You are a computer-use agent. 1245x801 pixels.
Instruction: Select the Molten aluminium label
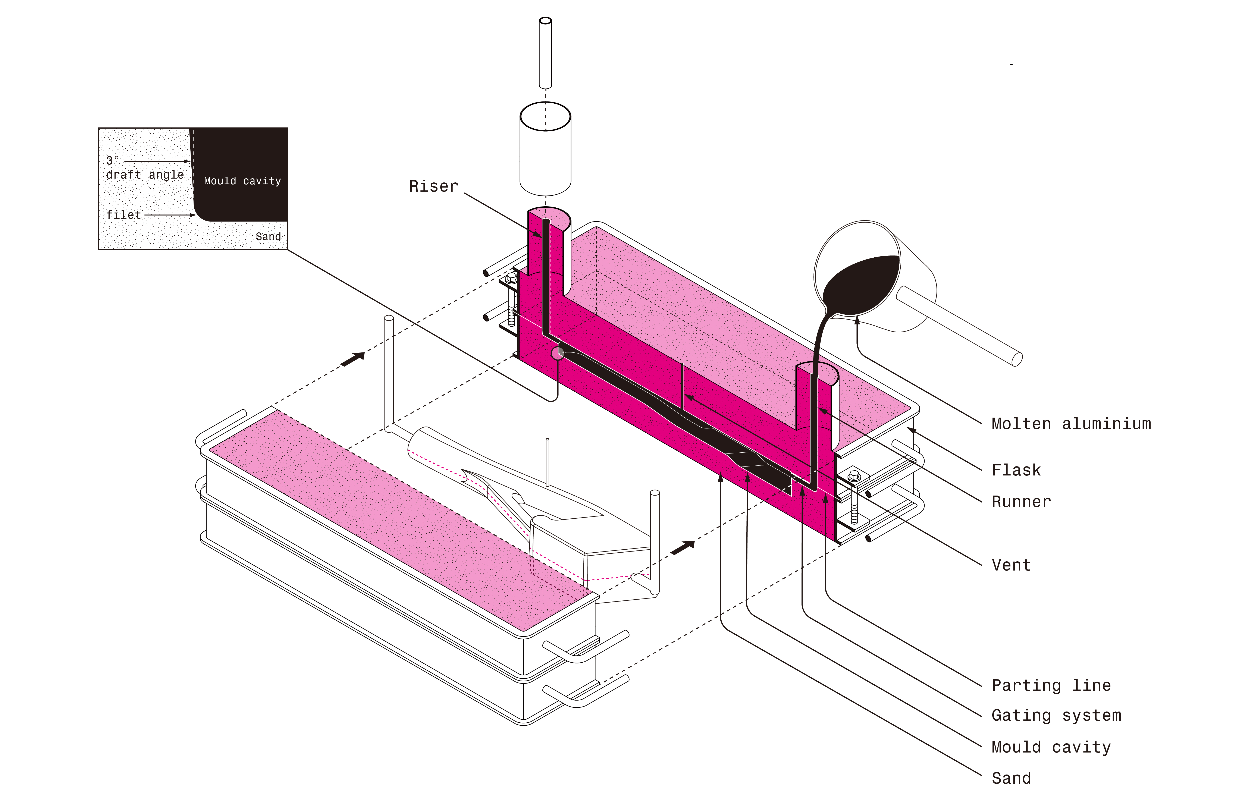1071,424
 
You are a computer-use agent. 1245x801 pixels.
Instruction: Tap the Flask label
1016,470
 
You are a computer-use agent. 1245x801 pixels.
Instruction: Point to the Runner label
1021,502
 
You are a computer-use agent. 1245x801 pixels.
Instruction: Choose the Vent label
1010,565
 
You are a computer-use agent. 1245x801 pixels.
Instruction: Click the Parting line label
1051,685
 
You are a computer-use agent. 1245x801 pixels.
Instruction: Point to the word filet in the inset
123,215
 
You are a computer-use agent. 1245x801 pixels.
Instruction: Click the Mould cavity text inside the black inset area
242,181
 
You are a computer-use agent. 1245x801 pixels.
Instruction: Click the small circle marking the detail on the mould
558,354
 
